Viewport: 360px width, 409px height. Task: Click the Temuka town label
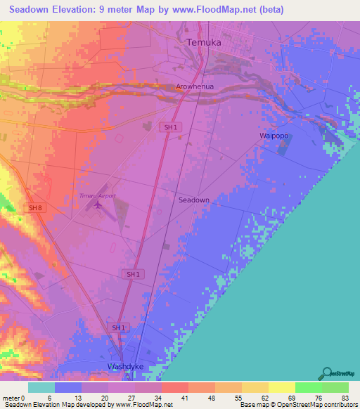pos(205,43)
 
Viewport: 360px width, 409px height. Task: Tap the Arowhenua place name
pos(195,88)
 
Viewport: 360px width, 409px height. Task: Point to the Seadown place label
pos(193,200)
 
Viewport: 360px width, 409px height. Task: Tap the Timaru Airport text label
pos(97,196)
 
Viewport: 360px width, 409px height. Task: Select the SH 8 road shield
pos(35,208)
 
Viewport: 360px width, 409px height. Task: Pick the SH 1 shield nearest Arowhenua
pos(169,127)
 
